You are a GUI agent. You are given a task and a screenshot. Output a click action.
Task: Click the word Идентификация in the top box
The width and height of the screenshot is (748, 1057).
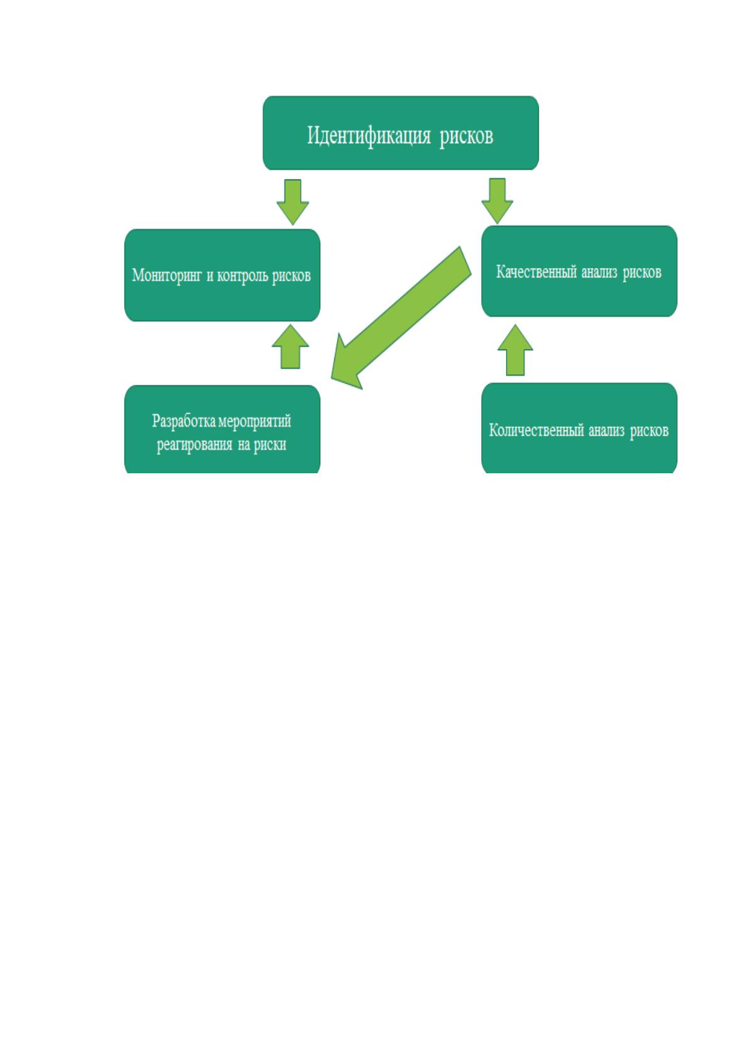click(x=369, y=136)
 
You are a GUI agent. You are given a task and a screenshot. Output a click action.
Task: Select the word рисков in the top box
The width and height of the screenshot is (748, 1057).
click(x=466, y=137)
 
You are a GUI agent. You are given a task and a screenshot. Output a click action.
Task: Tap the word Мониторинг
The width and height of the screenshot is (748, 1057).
click(x=166, y=276)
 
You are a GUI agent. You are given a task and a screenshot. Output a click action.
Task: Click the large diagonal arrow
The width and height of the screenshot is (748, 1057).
click(x=401, y=317)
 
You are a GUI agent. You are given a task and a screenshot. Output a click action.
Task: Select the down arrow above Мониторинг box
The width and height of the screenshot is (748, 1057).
click(x=293, y=202)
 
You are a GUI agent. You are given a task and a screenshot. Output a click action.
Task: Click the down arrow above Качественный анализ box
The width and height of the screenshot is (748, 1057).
click(x=497, y=201)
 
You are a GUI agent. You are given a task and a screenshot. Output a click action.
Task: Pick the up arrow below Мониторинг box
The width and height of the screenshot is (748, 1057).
click(x=290, y=346)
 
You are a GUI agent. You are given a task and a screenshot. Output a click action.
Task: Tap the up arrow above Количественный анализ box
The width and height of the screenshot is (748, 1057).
click(x=515, y=350)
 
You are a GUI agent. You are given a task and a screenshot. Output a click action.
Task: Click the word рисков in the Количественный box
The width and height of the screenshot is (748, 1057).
click(x=649, y=431)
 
